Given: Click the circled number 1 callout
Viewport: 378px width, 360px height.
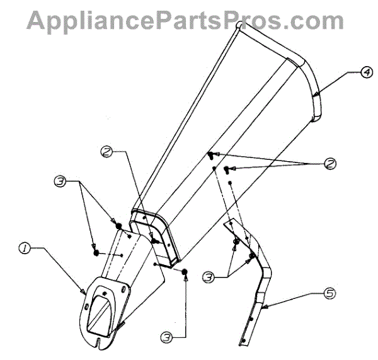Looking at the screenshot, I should [24, 249].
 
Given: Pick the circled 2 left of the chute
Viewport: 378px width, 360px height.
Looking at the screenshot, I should [108, 152].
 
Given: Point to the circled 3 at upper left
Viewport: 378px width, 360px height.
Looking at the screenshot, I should [60, 181].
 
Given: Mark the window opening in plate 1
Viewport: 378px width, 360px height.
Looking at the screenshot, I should [100, 313].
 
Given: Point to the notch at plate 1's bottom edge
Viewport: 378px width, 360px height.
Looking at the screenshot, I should [101, 343].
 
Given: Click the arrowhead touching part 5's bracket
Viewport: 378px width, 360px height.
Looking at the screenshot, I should [262, 307].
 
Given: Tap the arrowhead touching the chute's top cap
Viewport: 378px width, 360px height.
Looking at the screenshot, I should [314, 94].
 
